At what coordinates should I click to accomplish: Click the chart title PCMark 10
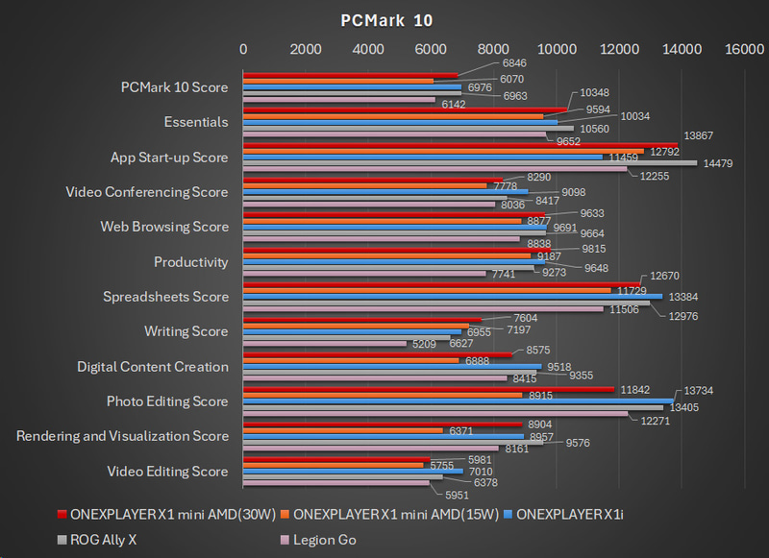385,20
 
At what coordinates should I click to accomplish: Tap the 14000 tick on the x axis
682,50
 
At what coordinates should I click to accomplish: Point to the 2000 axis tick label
306,50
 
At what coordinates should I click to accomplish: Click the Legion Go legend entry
320,540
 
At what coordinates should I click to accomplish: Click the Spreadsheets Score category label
165,297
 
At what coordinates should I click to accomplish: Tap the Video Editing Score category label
169,472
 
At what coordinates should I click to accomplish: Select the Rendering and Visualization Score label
122,436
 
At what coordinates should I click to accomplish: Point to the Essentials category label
196,122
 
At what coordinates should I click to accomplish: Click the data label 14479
718,163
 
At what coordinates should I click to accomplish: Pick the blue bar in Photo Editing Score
458,400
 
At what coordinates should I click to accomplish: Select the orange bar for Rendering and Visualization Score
342,430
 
